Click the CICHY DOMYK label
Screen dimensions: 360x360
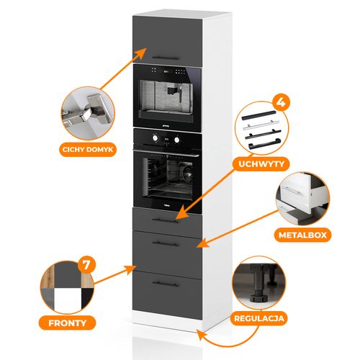coord(88,150)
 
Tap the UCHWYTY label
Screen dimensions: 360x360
coord(261,164)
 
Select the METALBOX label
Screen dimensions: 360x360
coord(302,235)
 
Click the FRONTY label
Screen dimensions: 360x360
coord(67,323)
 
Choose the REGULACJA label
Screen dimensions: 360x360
coord(259,318)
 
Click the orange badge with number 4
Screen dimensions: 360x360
coord(281,102)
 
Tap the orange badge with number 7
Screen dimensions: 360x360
coord(86,265)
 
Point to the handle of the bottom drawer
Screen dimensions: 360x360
coord(166,284)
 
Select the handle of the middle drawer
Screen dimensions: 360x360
coord(166,244)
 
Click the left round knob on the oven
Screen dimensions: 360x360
coord(156,138)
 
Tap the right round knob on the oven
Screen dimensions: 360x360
coord(177,140)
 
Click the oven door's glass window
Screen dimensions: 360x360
coord(168,177)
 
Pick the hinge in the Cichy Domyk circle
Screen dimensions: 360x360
coord(88,112)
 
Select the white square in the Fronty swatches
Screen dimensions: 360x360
coord(67,299)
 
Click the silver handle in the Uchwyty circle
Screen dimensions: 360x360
coord(261,125)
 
